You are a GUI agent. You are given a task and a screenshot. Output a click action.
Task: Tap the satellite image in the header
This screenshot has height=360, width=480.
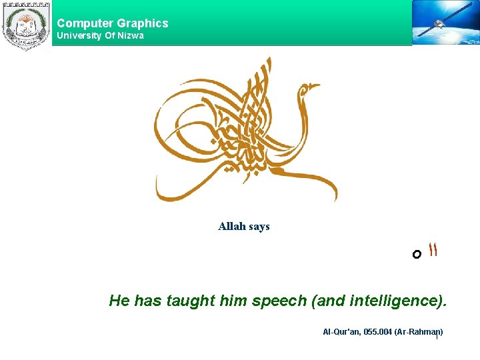[445, 23]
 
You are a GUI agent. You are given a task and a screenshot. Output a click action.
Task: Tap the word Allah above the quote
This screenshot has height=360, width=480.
[231, 227]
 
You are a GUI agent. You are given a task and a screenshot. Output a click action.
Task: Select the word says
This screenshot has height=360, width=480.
[259, 227]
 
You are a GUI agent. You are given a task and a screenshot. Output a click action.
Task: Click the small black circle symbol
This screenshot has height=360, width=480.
[417, 254]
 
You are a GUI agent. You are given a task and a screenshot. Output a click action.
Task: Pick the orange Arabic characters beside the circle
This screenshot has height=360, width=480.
[433, 251]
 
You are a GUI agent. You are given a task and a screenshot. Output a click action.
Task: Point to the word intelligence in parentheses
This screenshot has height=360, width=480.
[394, 301]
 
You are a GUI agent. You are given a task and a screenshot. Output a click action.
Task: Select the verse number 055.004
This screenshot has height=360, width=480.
[376, 332]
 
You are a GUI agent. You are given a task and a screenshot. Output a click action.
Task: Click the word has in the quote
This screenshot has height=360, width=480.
[148, 301]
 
